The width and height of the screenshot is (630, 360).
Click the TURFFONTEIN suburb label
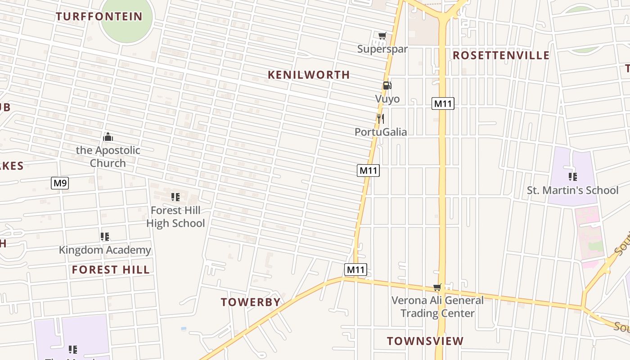tap(99, 17)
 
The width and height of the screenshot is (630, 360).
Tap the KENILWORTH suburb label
tap(309, 75)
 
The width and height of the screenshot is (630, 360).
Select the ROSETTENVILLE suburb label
tap(501, 55)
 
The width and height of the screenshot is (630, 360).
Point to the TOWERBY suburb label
tap(251, 302)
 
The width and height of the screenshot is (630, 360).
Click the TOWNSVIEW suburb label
tap(425, 341)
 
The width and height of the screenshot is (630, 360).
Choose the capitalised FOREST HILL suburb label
tap(111, 270)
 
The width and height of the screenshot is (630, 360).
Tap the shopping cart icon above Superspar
tap(382, 36)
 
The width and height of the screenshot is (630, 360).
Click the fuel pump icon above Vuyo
tap(387, 85)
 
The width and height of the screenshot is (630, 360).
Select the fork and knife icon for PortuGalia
tap(381, 118)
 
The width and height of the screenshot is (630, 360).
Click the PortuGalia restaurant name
tap(381, 132)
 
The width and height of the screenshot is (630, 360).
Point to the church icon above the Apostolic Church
tap(108, 136)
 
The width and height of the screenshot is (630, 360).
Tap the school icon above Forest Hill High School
tap(175, 197)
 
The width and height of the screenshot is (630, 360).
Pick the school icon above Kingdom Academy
tap(105, 236)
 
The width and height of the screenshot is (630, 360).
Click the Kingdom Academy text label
tap(105, 250)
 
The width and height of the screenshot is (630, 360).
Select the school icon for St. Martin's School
tap(572, 176)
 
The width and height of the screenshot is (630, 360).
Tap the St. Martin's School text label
tap(573, 190)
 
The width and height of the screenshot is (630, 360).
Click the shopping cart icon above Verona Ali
tap(437, 287)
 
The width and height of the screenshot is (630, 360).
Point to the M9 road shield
tap(60, 183)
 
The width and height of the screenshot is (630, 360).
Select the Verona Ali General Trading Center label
tap(437, 306)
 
